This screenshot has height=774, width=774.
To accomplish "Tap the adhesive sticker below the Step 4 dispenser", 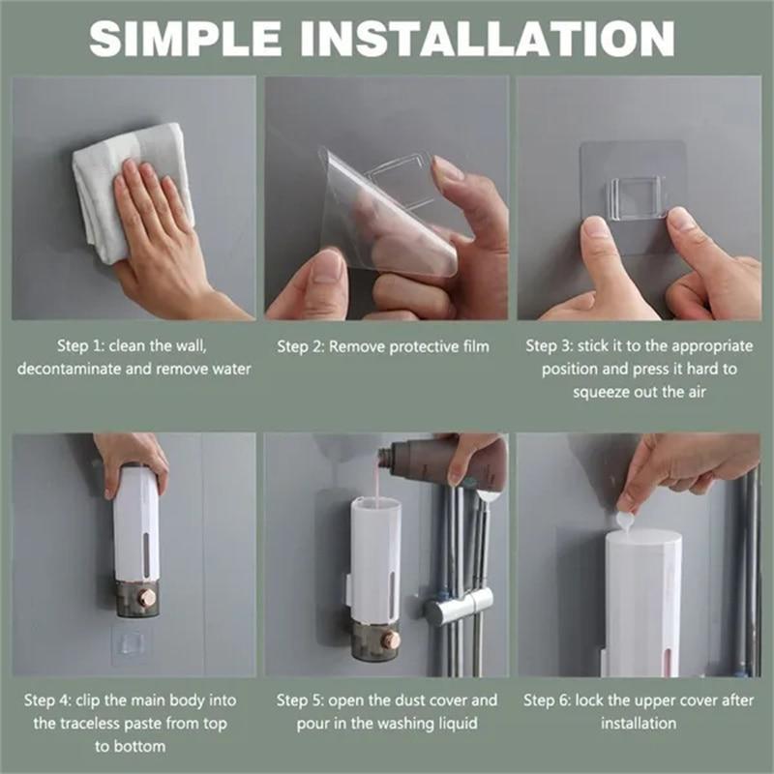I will point(134,641).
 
